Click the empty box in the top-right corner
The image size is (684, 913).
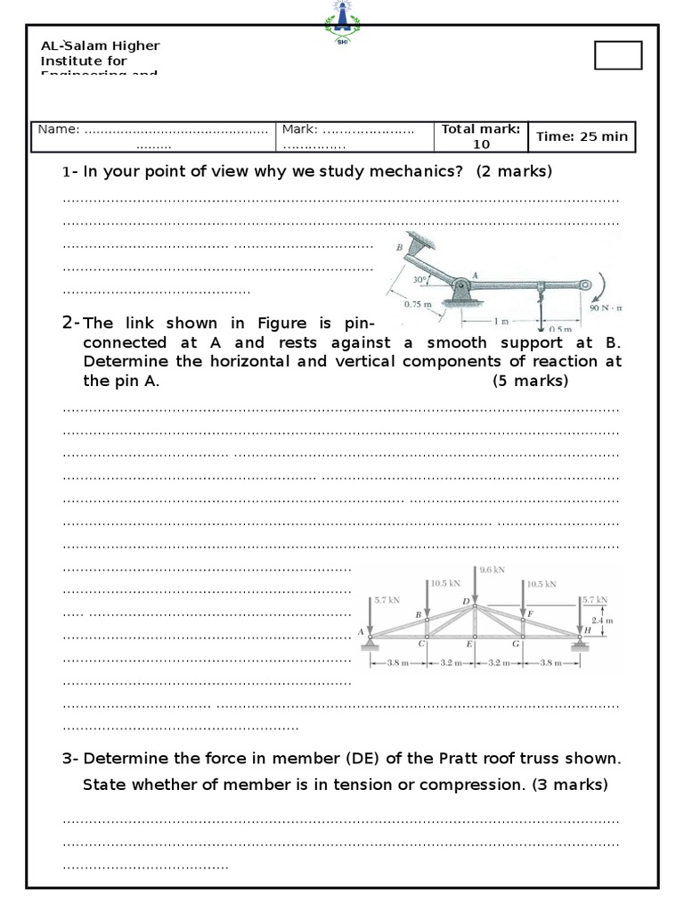(x=617, y=55)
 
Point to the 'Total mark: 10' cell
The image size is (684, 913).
(x=481, y=136)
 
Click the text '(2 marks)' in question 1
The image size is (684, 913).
(x=514, y=171)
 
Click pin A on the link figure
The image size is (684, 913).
(x=461, y=288)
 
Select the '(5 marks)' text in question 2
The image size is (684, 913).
(x=530, y=382)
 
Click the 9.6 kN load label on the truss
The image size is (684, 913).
(x=492, y=569)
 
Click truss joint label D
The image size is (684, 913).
(x=465, y=601)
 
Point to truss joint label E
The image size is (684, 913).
(x=468, y=644)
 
